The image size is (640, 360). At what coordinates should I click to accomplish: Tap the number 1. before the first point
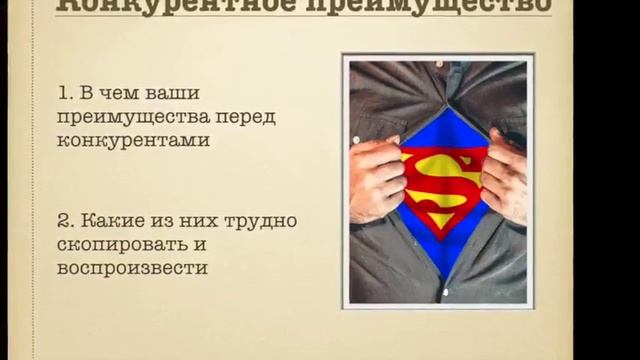tap(67, 95)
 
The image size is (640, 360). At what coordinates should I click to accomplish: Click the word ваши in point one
tap(174, 95)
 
